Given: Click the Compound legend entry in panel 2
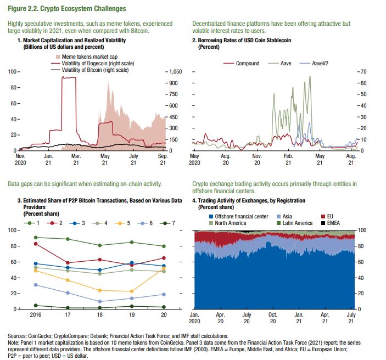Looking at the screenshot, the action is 242,63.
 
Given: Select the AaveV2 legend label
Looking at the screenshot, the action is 320,63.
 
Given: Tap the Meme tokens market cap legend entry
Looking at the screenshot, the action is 87,57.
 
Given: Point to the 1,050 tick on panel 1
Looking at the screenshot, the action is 176,71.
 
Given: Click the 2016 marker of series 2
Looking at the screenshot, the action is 36,244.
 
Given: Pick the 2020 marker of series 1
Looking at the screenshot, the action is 164,246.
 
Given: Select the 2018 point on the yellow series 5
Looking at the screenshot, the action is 100,290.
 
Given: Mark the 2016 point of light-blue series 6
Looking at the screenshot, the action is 36,285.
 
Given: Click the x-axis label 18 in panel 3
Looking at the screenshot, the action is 100,314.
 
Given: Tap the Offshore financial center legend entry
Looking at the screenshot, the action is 238,216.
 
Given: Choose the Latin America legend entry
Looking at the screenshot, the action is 294,223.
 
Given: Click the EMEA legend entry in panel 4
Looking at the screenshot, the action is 331,223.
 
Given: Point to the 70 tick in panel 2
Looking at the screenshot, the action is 363,71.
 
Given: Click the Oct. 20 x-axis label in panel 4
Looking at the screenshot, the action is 272,318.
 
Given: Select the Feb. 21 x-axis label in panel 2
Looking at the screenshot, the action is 288,159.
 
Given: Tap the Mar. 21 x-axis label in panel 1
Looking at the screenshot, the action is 76,159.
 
